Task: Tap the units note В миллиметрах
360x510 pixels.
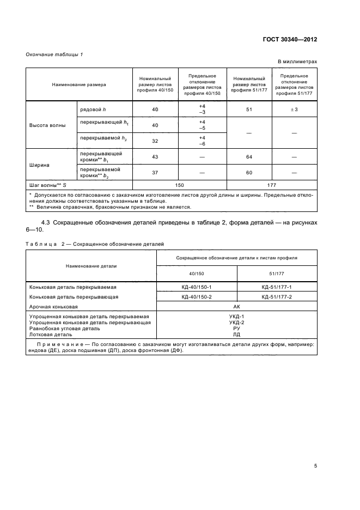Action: (297, 62)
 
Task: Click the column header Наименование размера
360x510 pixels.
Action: (79, 85)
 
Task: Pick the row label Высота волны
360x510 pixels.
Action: (47, 125)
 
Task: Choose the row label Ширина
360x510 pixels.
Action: (39, 163)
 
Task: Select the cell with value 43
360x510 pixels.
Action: (155, 156)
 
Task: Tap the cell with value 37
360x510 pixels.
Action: (155, 172)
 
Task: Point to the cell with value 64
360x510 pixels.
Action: (249, 156)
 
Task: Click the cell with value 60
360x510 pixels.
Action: (249, 172)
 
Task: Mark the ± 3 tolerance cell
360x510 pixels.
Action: (294, 110)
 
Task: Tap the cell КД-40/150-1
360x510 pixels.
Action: (197, 287)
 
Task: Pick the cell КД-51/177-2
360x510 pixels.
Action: (277, 297)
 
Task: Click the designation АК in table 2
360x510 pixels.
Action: (236, 307)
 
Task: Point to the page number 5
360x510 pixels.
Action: (315, 466)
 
